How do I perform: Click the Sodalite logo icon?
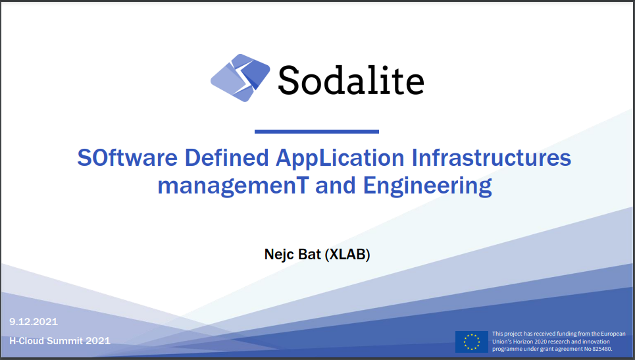click(240, 79)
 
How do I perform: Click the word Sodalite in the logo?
click(350, 80)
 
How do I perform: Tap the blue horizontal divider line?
click(317, 132)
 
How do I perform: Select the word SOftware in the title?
click(128, 159)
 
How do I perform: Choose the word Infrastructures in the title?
click(492, 159)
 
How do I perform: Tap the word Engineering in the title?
click(428, 186)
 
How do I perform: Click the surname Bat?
click(309, 254)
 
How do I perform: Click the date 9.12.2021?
click(34, 322)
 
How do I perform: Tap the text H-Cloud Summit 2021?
click(60, 341)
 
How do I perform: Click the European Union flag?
click(471, 342)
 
